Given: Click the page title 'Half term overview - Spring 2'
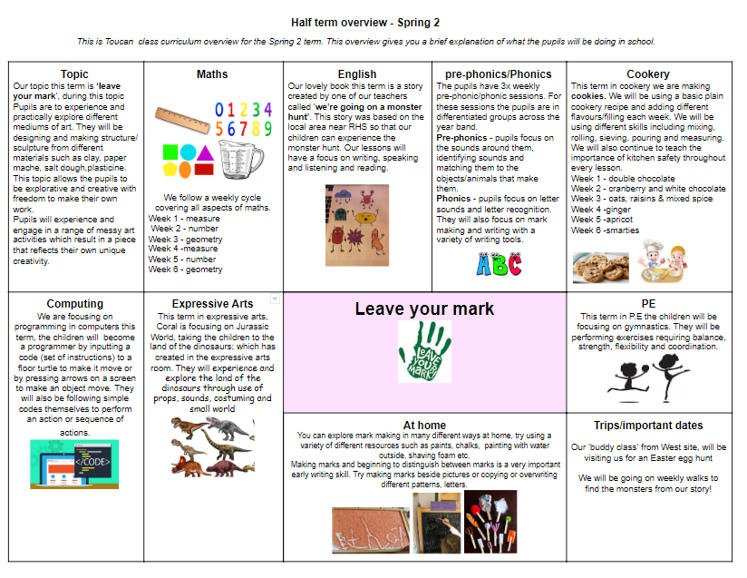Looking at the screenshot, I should click(x=373, y=22).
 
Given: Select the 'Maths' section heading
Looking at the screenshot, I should click(x=212, y=74).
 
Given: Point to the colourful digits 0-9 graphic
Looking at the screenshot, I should click(x=243, y=119).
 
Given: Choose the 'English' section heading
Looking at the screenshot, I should click(x=356, y=74).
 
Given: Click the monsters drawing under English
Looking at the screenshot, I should click(x=356, y=225).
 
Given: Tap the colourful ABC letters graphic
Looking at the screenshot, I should click(x=499, y=264).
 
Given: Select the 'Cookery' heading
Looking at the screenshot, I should click(x=648, y=74).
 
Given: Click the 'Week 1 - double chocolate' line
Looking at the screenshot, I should click(x=623, y=179).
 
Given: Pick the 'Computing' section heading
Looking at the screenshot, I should click(x=75, y=304).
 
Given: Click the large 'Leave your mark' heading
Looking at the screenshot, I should click(x=424, y=309).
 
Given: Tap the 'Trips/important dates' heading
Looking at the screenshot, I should click(x=648, y=426).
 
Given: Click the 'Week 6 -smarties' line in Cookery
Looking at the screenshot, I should click(x=606, y=230).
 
